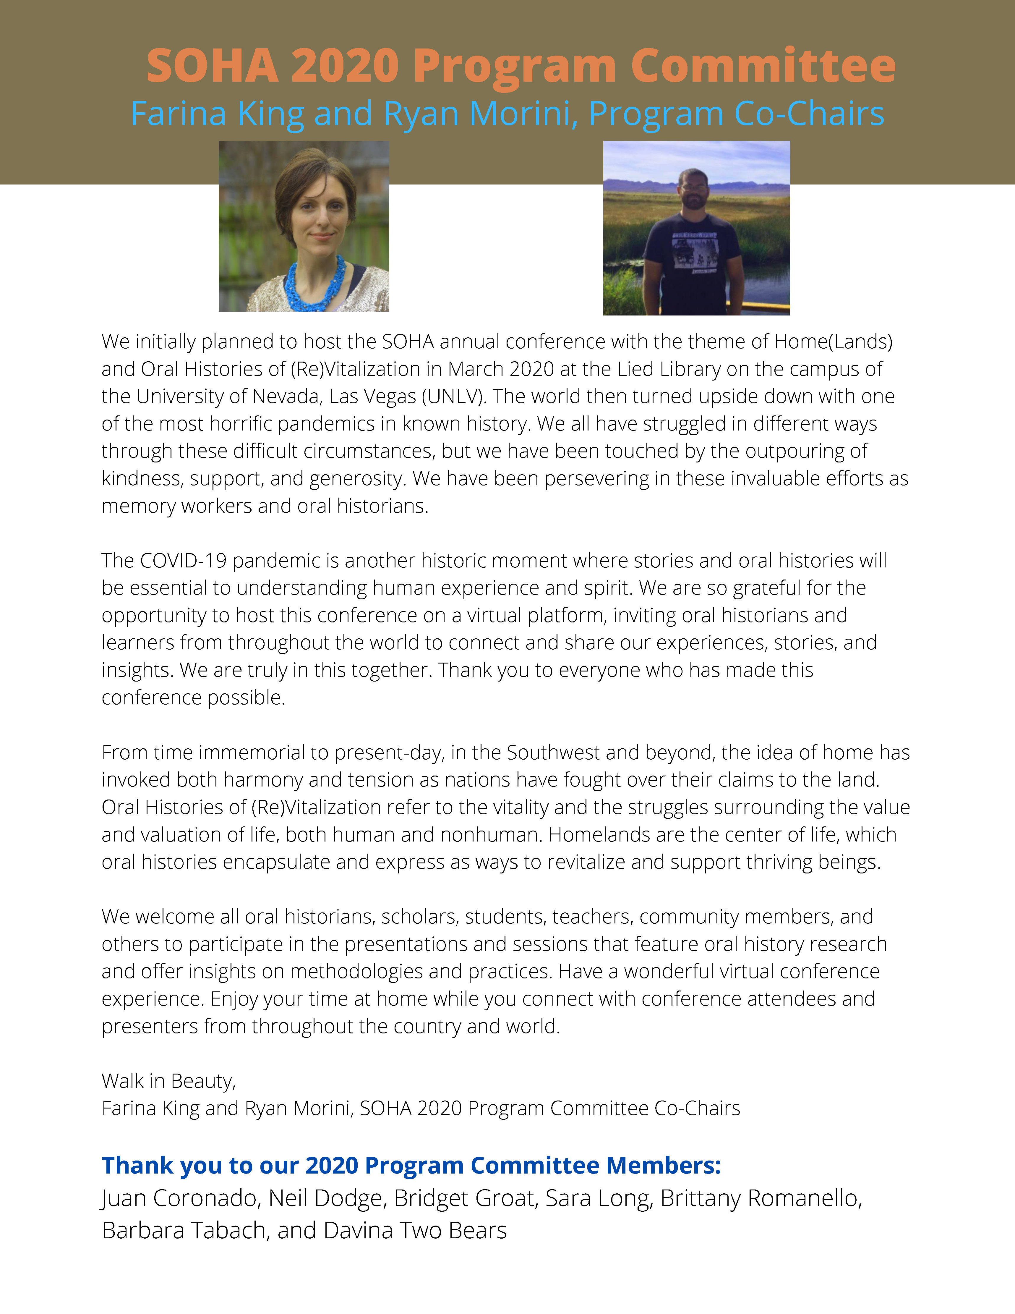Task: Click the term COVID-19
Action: [x=183, y=561]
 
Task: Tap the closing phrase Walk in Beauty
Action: [x=168, y=1081]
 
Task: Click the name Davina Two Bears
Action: [x=415, y=1230]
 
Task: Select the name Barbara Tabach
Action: [x=183, y=1230]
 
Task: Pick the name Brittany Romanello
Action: [x=761, y=1198]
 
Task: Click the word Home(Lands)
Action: [x=833, y=342]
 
